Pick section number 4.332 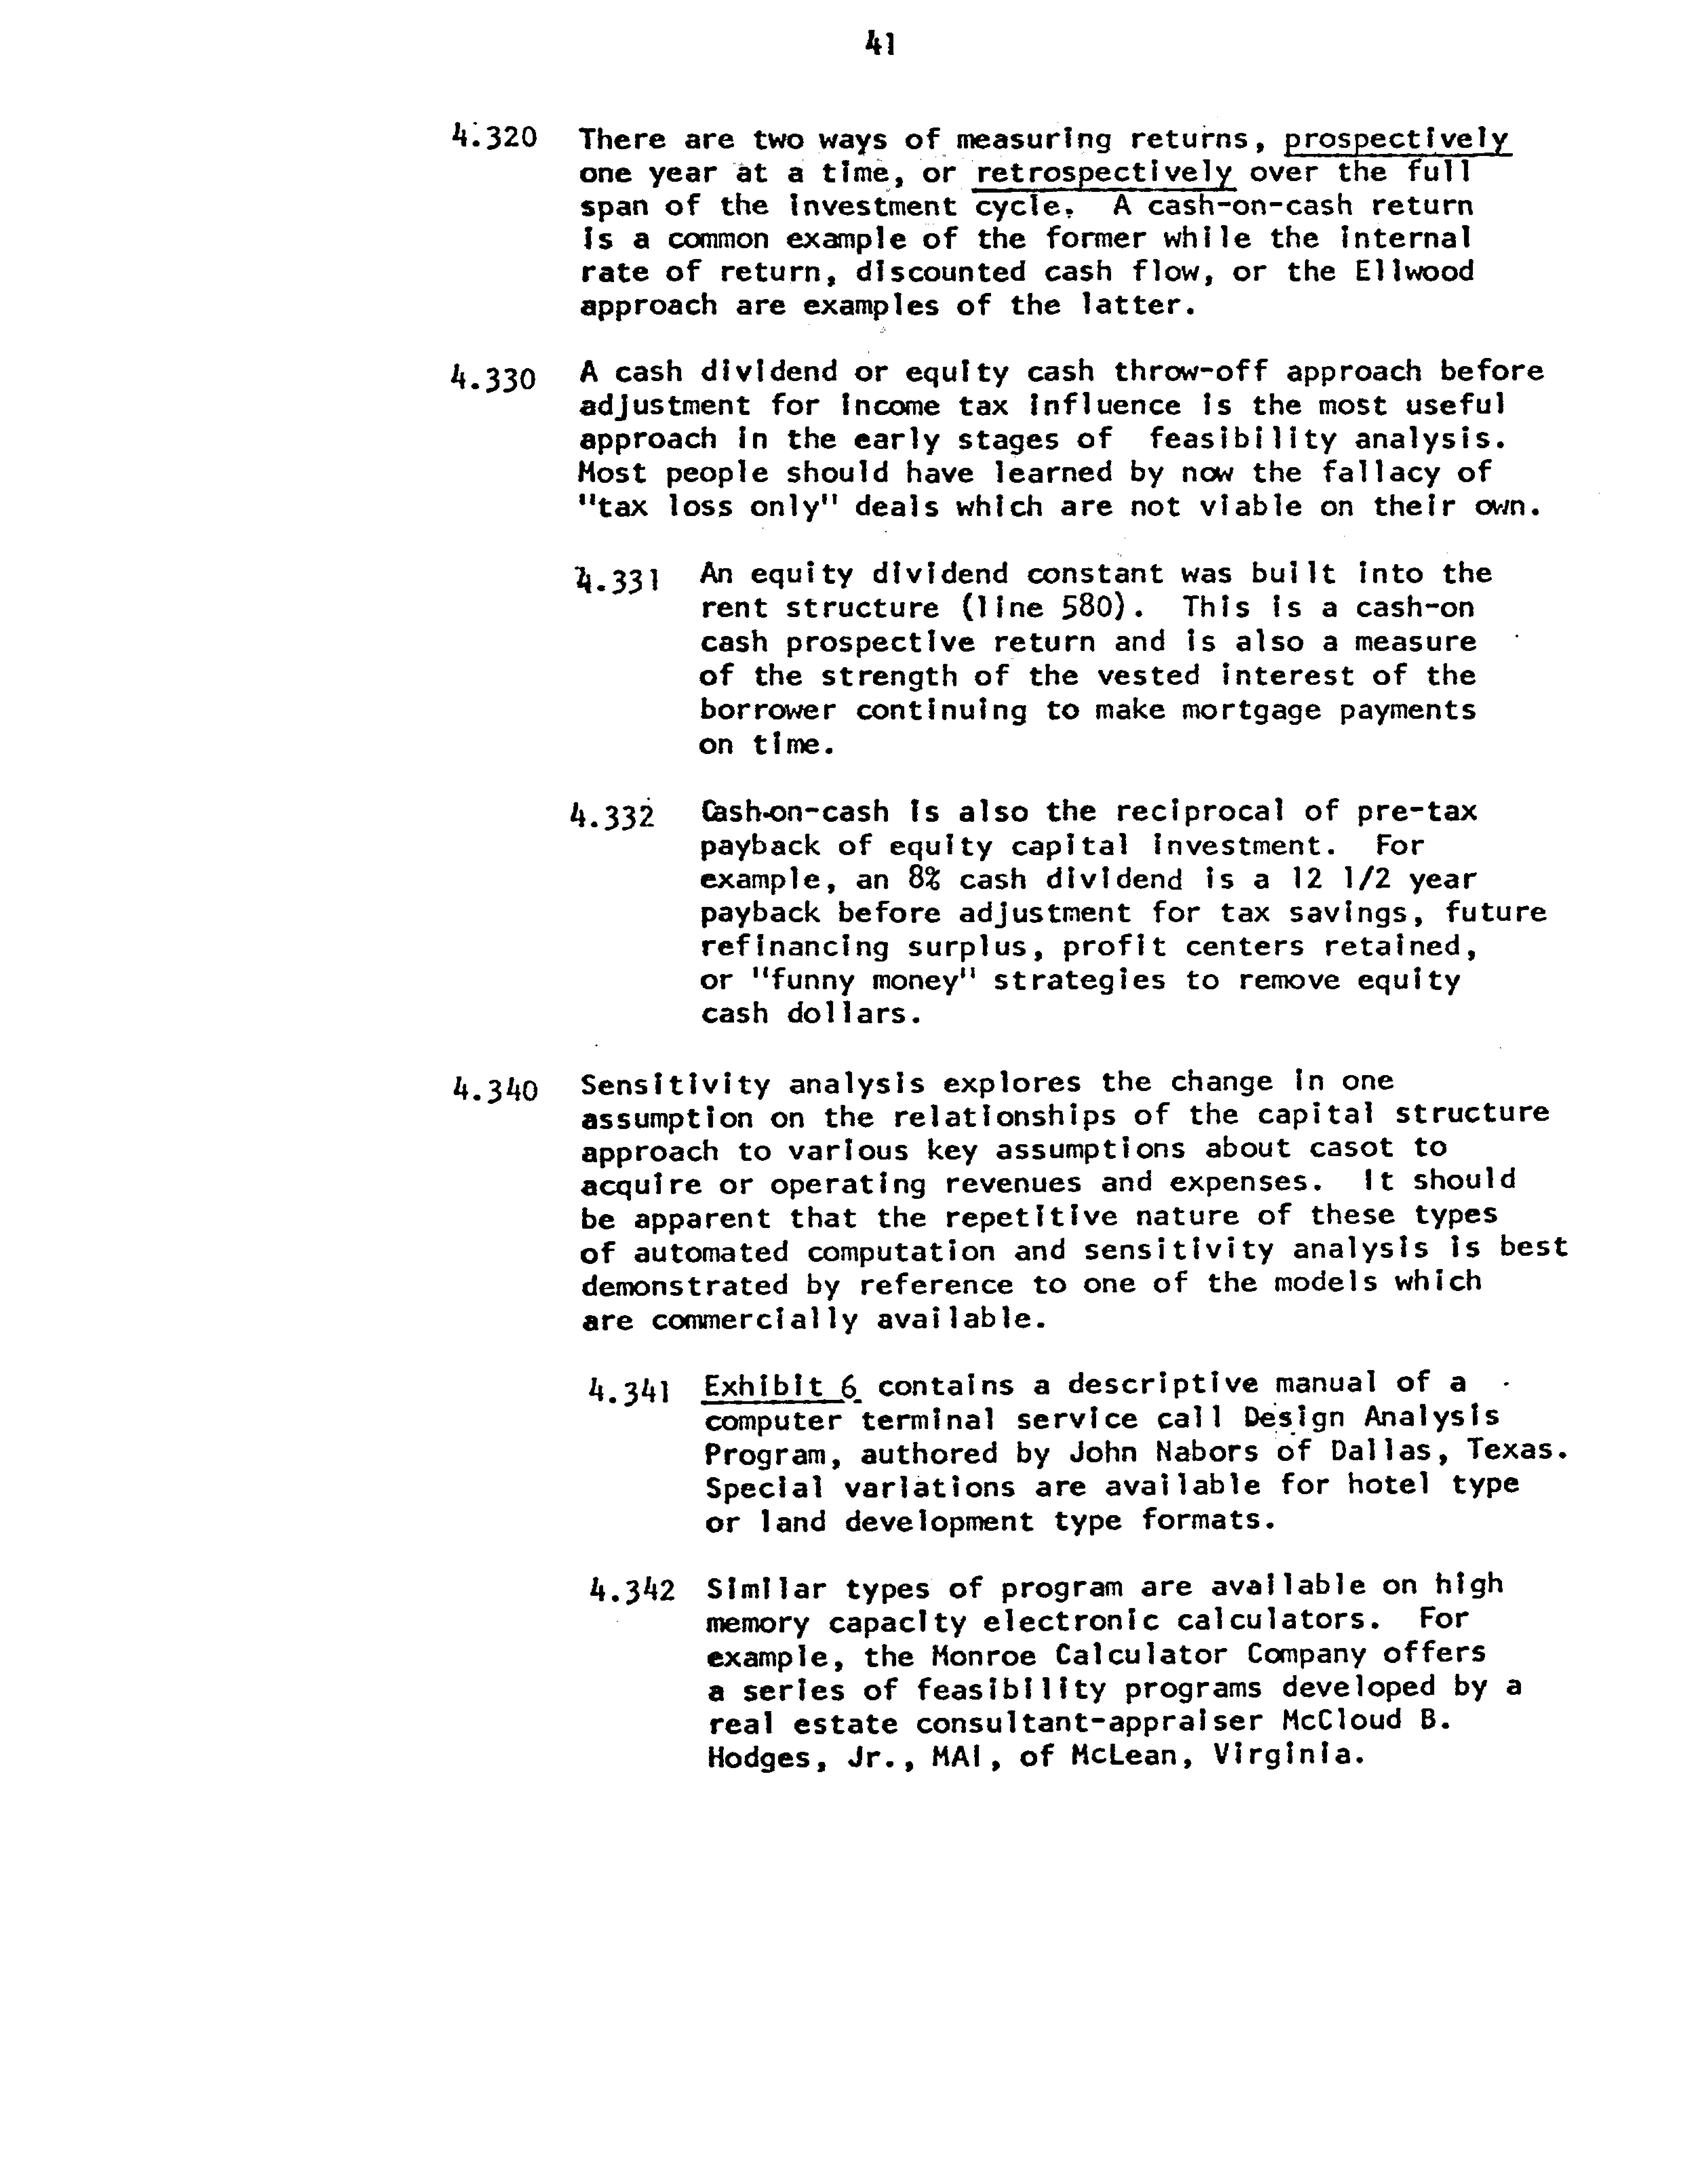(611, 816)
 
